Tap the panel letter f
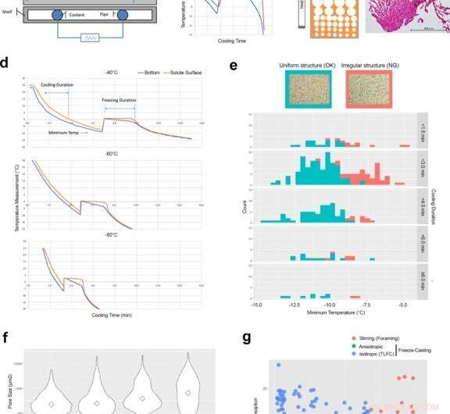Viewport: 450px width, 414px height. coord(6,338)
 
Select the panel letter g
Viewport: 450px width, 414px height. coord(246,338)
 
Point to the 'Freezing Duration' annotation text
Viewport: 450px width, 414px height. coord(119,100)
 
